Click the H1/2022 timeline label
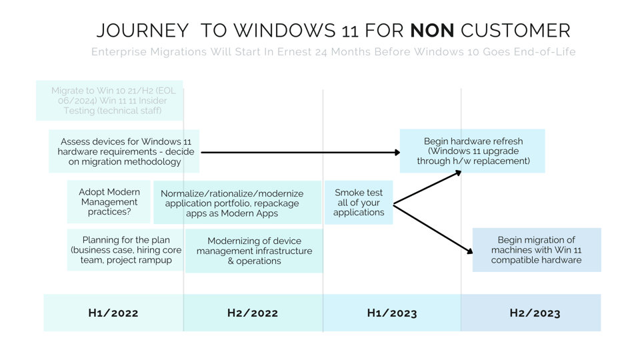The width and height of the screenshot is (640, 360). pos(113,313)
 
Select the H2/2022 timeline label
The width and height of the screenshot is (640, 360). pos(253,313)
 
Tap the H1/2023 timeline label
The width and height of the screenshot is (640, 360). pos(392,313)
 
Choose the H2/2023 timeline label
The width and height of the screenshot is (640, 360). pos(535,313)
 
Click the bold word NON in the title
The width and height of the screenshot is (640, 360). pos(432,31)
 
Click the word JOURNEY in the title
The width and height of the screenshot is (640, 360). pos(143,31)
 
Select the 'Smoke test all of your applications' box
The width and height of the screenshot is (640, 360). pos(359,203)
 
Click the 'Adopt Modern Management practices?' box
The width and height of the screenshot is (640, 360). pos(109,202)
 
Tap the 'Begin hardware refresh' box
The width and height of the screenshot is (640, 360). pos(473,151)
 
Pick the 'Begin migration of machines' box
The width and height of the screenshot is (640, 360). pos(536,250)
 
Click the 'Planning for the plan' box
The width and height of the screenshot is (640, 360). pos(125,250)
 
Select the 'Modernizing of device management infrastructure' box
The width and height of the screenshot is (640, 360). pos(254,251)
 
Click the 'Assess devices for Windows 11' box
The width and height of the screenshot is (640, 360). pos(125,151)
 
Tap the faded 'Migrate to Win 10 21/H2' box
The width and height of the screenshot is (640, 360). pos(109,101)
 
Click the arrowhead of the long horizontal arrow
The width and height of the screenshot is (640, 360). pos(397,153)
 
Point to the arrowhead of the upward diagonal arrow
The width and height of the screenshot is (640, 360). pos(458,173)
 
